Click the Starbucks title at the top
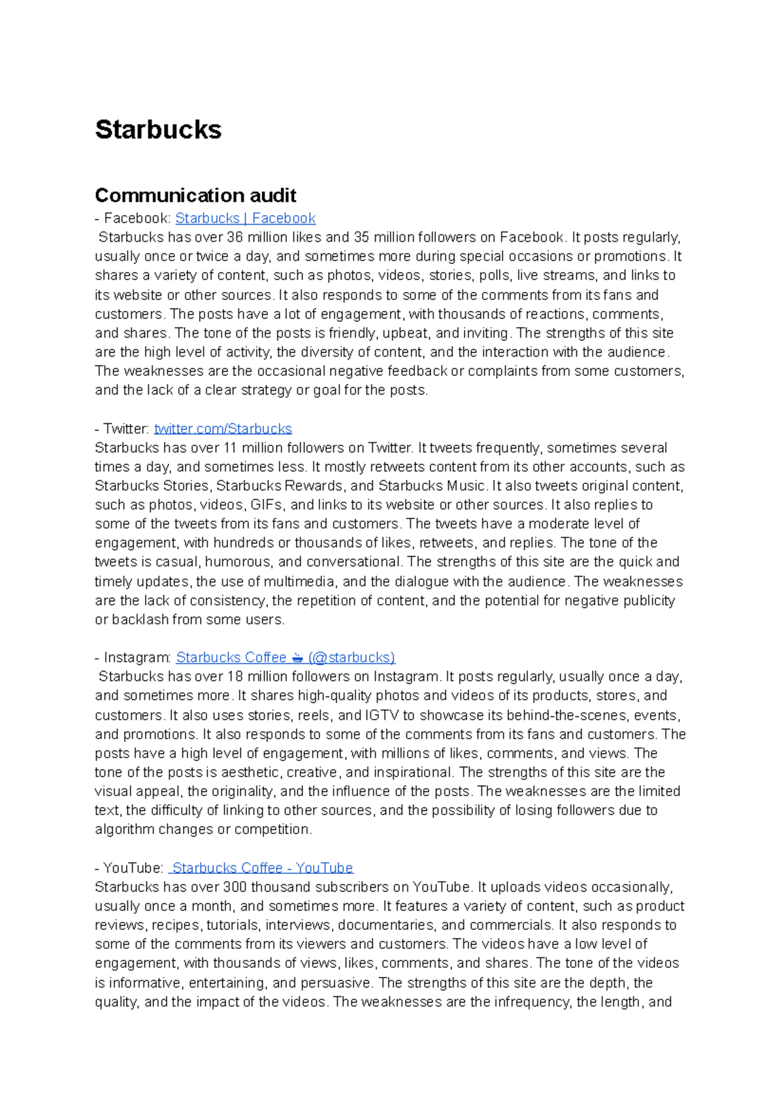click(158, 129)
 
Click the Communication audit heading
click(195, 195)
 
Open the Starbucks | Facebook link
click(245, 218)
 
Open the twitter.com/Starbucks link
click(223, 428)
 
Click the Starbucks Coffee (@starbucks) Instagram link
click(286, 657)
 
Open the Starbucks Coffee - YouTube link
click(261, 867)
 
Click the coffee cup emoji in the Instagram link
click(297, 658)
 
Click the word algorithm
click(125, 829)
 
